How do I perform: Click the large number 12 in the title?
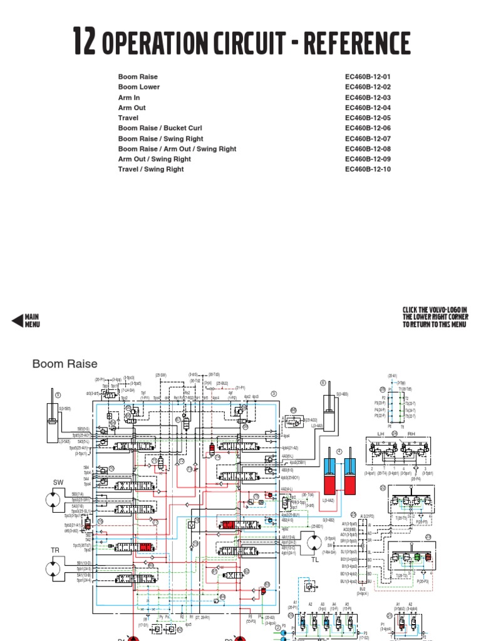point(85,43)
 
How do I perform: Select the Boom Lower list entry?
point(139,87)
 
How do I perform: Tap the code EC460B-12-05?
point(368,118)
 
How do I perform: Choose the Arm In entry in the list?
point(129,98)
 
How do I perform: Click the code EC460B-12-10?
point(368,169)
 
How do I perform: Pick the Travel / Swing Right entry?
point(151,169)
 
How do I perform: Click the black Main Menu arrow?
point(18,321)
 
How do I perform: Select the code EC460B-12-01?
point(368,77)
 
